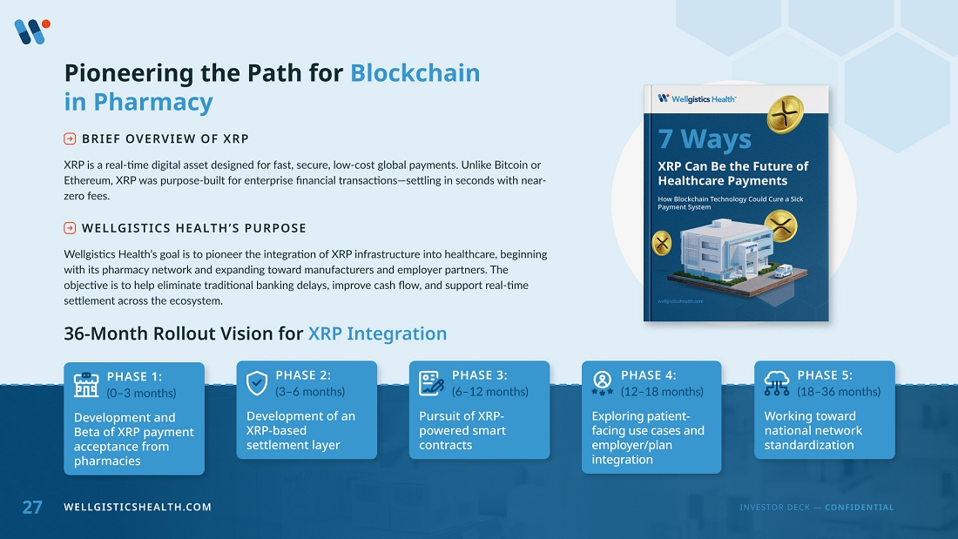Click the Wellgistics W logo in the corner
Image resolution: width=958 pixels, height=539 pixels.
[31, 31]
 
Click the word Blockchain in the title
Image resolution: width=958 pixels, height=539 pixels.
[415, 73]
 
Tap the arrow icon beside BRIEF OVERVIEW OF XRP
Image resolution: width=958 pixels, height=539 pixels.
[70, 138]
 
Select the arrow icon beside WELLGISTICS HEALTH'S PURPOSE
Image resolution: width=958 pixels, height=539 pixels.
[70, 228]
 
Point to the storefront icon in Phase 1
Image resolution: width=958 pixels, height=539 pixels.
[86, 385]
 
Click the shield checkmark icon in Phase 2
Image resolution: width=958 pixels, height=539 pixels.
[257, 383]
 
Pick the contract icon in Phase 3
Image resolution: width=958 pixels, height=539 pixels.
[431, 383]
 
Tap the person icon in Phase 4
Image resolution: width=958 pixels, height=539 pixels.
[602, 383]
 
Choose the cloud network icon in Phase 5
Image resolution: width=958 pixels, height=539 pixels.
[777, 383]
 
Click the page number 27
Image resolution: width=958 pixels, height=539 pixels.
[31, 508]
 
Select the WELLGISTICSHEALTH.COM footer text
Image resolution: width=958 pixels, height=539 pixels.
[138, 508]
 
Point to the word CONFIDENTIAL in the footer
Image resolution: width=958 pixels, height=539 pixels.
[859, 508]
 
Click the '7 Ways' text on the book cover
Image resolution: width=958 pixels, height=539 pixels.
[705, 139]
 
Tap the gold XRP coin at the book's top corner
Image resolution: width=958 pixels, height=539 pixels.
[785, 114]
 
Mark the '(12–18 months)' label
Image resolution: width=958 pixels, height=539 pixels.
[662, 392]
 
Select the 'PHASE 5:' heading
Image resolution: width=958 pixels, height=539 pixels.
[825, 375]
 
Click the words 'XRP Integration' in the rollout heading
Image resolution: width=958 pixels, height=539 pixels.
[378, 334]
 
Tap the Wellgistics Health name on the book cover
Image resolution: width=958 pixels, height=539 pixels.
[704, 99]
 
